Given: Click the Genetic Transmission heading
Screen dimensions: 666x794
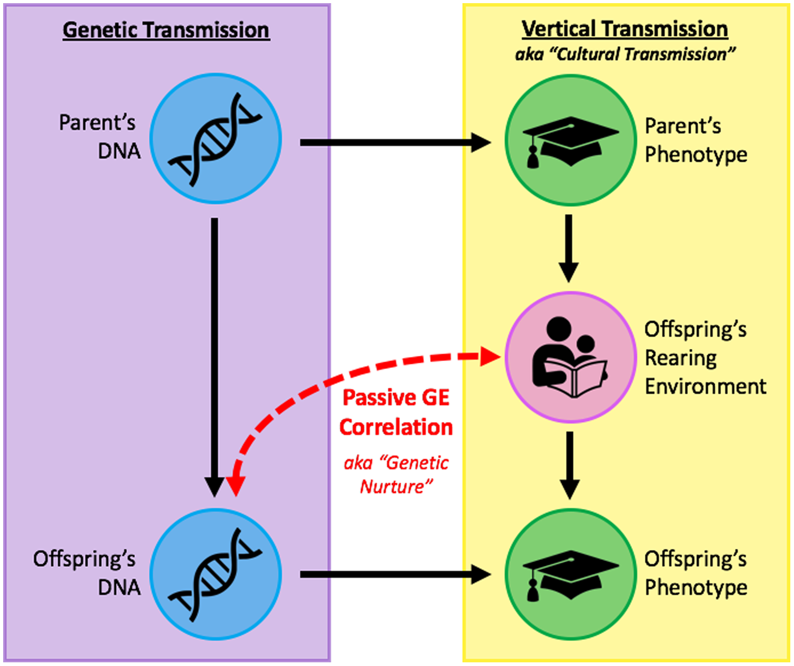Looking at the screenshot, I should click(166, 30).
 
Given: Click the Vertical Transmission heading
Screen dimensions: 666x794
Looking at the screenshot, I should click(625, 29).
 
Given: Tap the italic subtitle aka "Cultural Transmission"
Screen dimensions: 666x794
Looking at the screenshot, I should click(625, 55).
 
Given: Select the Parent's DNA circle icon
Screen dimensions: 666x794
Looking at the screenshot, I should click(215, 139).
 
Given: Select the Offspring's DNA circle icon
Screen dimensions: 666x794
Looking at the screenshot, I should click(215, 574).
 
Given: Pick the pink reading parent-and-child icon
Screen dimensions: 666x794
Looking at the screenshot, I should click(571, 357).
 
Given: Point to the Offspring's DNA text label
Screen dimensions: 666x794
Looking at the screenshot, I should click(87, 573).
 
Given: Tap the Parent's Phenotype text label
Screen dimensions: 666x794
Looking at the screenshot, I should click(696, 140).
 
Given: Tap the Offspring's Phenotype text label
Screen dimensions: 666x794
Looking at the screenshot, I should click(696, 573).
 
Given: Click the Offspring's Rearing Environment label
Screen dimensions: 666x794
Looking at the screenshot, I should click(704, 358).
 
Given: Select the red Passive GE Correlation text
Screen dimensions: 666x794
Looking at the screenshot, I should click(396, 412).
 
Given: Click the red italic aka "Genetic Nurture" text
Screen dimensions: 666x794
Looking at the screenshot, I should click(396, 474).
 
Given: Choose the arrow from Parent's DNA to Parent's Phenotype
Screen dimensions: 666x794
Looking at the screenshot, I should click(394, 142).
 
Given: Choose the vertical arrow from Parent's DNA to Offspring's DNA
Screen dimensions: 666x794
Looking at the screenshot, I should click(214, 355).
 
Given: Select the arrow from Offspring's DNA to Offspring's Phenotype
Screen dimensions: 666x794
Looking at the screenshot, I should click(394, 574).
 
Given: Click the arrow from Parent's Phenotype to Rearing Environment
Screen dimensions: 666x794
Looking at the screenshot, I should click(569, 248).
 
